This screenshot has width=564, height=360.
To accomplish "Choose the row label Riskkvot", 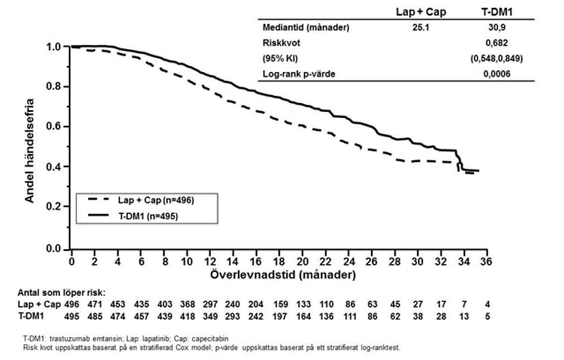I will point(279,44).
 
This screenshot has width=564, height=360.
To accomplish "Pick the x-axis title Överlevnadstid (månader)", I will point(283,275).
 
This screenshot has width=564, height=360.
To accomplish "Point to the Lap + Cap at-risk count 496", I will point(72,304).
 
